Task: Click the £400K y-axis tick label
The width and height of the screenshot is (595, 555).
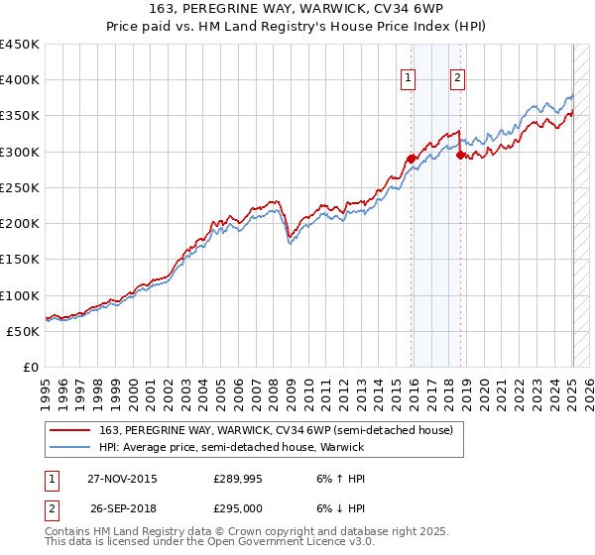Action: click(20, 80)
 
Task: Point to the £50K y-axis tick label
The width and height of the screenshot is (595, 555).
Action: click(23, 331)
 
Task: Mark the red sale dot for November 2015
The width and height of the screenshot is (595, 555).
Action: click(411, 159)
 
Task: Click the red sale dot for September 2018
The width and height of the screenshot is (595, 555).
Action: click(460, 155)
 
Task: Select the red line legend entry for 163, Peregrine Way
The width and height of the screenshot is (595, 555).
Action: click(276, 429)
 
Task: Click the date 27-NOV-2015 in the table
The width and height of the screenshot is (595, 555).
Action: click(122, 479)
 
